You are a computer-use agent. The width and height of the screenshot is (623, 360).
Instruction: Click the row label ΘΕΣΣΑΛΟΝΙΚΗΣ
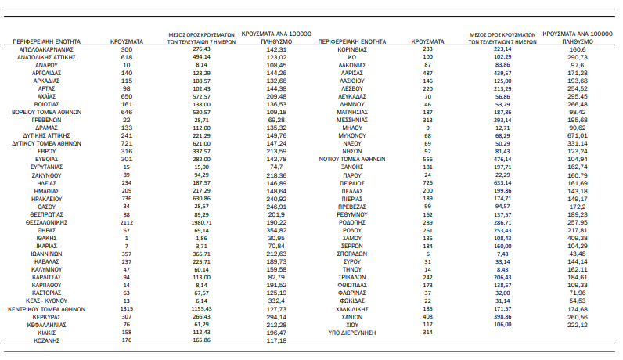pos(49,221)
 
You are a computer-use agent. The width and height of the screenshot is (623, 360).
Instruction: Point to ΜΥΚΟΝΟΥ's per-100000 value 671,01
pos(578,135)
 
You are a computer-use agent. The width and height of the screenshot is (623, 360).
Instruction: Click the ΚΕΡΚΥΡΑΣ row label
pos(49,317)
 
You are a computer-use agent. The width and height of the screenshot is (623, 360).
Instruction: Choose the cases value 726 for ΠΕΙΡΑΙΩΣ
pos(428,182)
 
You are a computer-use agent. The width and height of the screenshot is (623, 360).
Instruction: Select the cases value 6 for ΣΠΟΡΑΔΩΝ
pos(428,254)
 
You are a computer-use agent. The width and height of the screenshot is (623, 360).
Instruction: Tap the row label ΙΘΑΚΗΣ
pos(49,237)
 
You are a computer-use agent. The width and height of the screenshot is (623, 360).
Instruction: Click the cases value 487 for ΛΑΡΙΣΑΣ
pos(428,72)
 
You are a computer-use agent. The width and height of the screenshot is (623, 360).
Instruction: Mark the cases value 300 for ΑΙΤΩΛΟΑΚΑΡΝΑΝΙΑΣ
pos(127,49)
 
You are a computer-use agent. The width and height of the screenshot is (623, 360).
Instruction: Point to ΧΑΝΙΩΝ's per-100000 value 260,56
pos(578,316)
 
